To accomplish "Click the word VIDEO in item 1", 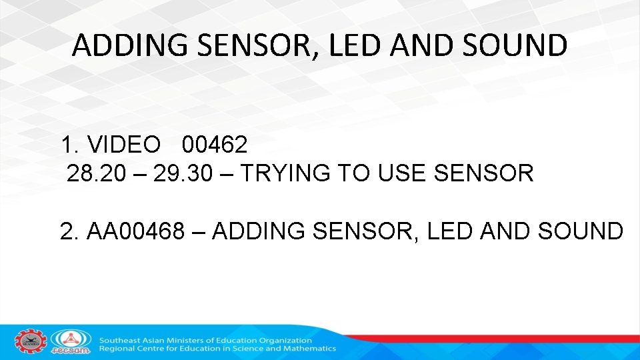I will [x=124, y=144].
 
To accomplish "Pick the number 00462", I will [x=215, y=144].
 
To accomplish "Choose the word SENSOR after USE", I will [x=483, y=173].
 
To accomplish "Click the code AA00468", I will [x=135, y=231].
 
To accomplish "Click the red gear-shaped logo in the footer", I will [x=31, y=342].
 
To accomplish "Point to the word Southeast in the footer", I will [x=122, y=340].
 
